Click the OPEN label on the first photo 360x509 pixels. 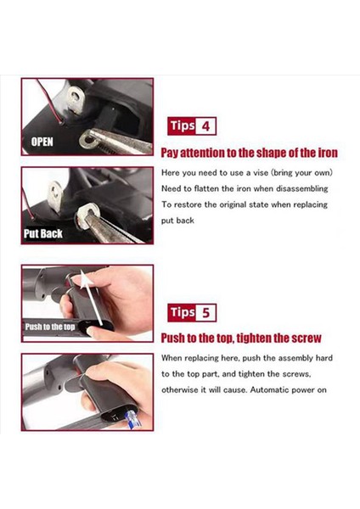[x=42, y=142]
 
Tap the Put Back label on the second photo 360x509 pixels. [x=43, y=233]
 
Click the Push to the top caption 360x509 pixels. [x=50, y=327]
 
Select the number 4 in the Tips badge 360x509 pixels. [x=205, y=126]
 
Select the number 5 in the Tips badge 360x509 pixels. [x=206, y=313]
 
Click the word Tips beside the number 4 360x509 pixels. [x=183, y=126]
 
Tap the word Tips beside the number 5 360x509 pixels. [x=183, y=312]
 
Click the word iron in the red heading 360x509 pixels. [x=328, y=153]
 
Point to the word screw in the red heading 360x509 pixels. [x=307, y=338]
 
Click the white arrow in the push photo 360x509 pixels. [x=93, y=299]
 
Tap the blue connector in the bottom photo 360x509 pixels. [x=134, y=419]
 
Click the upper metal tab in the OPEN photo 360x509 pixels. [x=76, y=99]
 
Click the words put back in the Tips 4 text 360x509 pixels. [x=177, y=221]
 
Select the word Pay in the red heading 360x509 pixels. [x=170, y=153]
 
